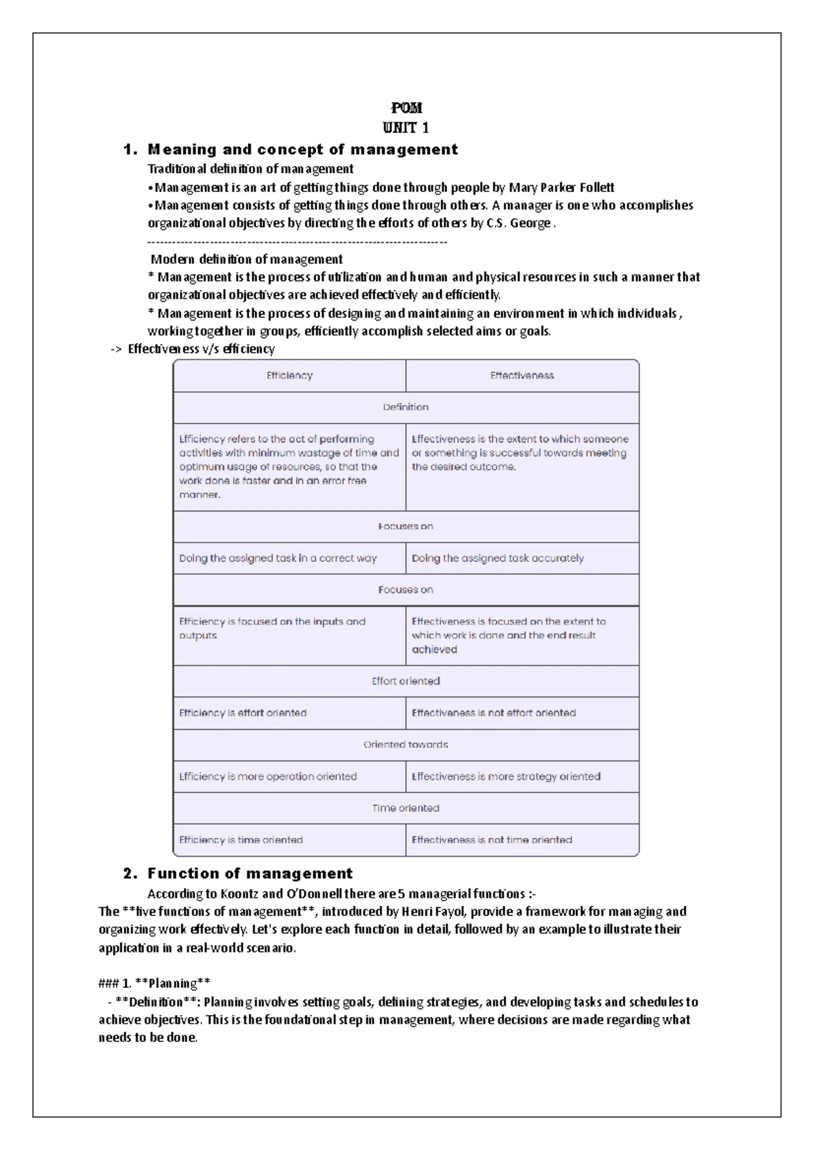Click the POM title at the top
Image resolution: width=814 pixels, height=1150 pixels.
(406, 108)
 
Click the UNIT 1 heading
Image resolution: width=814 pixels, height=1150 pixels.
(406, 127)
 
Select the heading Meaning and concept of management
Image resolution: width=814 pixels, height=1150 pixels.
(303, 149)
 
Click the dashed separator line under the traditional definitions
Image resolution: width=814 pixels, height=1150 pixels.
(297, 241)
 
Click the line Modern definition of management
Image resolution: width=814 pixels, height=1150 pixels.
(246, 259)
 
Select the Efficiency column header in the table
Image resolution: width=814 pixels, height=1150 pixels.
(290, 376)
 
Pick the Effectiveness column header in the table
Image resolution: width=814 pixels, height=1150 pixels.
(522, 376)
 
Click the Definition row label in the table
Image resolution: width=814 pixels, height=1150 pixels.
(406, 407)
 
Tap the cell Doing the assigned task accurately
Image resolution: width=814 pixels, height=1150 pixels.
(497, 558)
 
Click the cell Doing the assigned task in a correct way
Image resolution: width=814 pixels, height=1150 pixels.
(277, 558)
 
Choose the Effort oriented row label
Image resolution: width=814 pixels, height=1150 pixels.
(406, 681)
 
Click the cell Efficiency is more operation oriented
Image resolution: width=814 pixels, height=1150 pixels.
(268, 776)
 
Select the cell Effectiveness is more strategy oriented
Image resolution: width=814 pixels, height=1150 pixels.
(505, 776)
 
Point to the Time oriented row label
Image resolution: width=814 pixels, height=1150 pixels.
(406, 808)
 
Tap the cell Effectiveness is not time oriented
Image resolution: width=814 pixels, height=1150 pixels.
(492, 839)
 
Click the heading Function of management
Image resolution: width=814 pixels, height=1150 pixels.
(250, 873)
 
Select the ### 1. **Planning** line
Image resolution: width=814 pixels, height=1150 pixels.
(155, 983)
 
